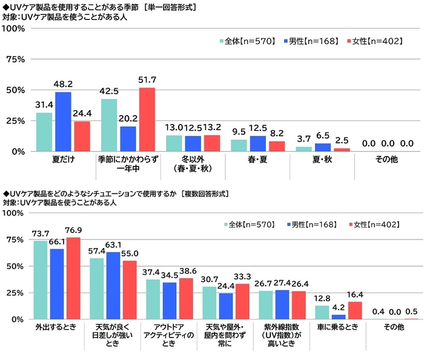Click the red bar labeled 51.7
147,119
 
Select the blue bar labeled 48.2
63,121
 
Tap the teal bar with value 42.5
109,125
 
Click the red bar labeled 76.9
72,278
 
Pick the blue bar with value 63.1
114,285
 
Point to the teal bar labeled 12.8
322,312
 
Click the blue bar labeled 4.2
338,316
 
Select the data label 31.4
44,105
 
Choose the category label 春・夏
257,161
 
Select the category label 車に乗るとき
338,327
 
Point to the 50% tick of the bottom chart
16,266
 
